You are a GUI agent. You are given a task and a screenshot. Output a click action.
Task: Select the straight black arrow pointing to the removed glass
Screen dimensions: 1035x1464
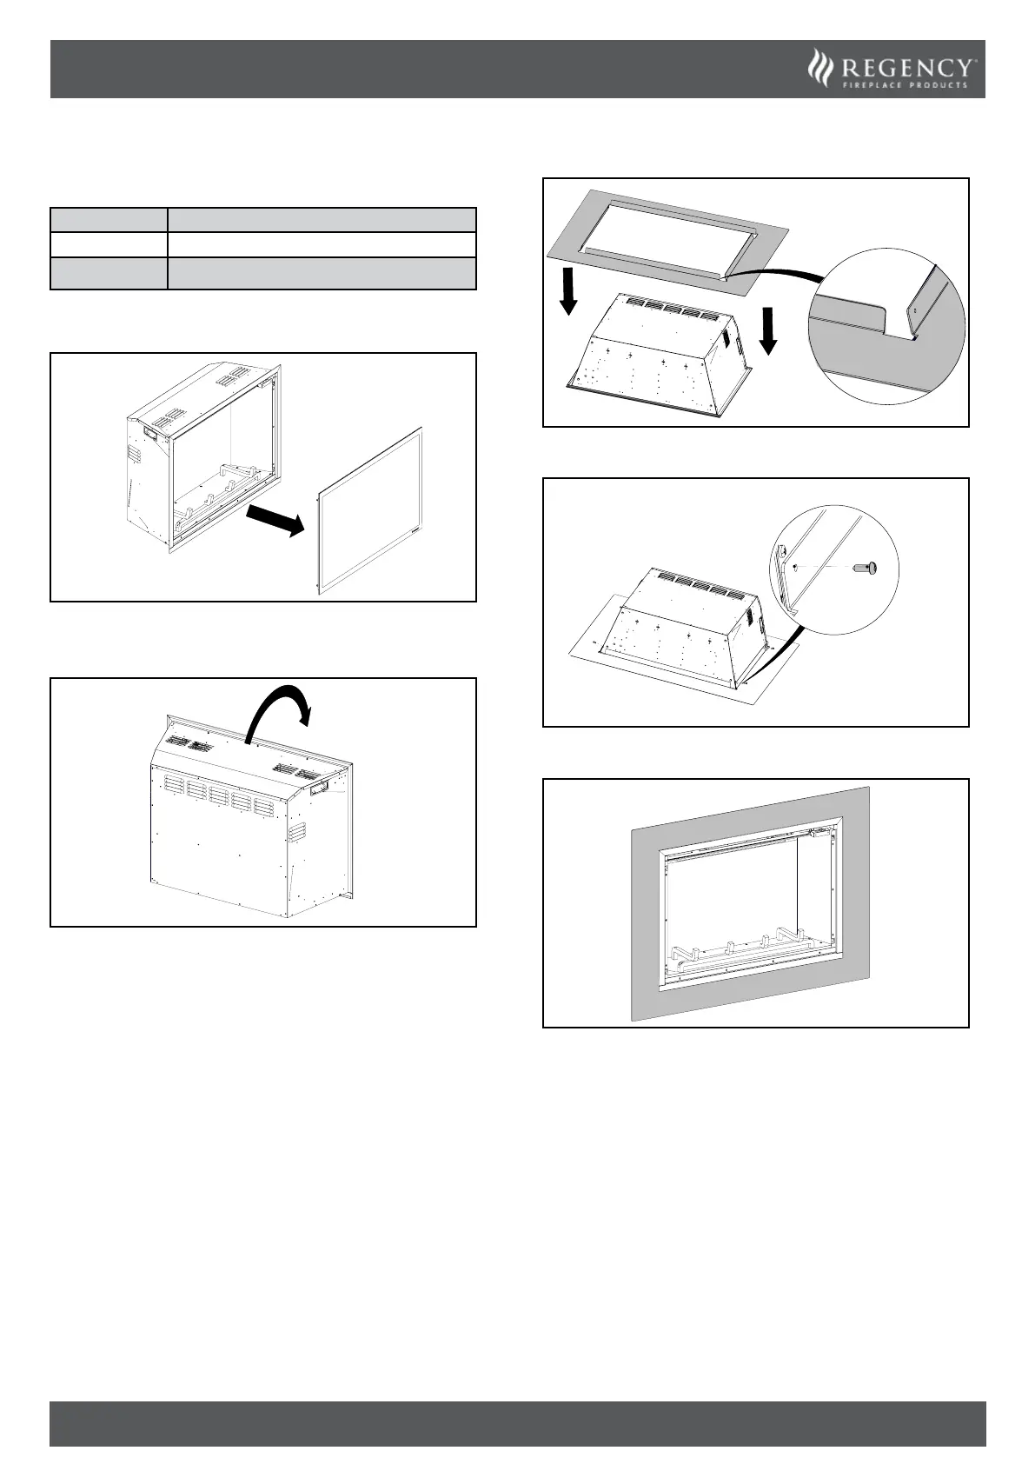[274, 519]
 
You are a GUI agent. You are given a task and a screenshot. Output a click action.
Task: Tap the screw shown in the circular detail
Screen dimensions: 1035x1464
[863, 568]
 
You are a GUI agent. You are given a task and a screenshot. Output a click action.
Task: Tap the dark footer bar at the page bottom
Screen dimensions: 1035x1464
[517, 1422]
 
